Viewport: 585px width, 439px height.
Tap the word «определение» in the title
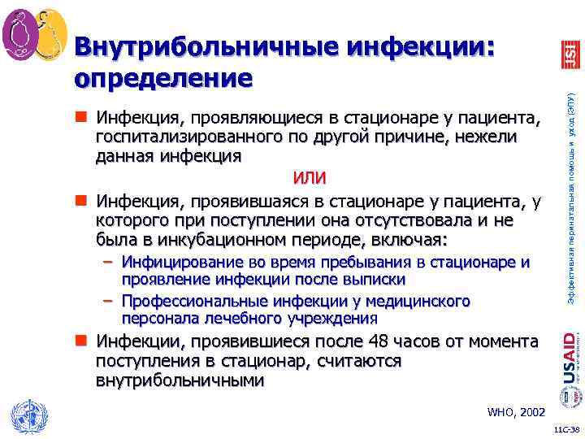coord(162,78)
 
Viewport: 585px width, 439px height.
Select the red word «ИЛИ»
coord(310,177)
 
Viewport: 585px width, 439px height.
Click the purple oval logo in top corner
coord(22,33)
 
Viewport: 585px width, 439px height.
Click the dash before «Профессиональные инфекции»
coord(107,302)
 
